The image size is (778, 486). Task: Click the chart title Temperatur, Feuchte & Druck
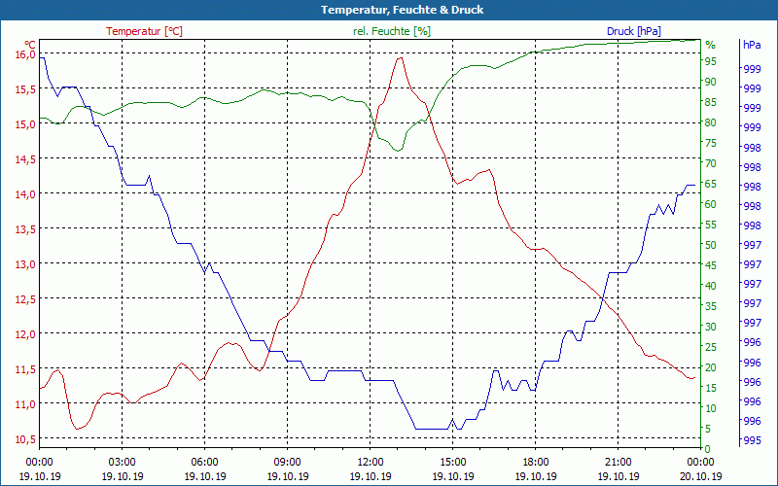click(x=388, y=10)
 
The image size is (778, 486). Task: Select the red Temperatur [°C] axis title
click(x=144, y=31)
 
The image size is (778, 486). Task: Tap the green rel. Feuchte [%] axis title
click(x=391, y=31)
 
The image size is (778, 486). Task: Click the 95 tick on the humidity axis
click(x=711, y=62)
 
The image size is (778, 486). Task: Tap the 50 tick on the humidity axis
click(x=711, y=245)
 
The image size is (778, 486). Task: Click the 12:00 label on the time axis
click(x=371, y=462)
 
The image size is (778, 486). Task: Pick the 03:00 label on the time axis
click(x=122, y=462)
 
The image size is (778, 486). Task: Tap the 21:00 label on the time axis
click(x=619, y=462)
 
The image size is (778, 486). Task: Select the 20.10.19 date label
click(x=701, y=476)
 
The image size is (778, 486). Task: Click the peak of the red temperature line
click(x=400, y=57)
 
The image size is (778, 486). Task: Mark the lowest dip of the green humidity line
click(x=398, y=150)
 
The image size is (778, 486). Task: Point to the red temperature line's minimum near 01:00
click(x=77, y=429)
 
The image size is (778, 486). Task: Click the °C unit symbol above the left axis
click(x=30, y=44)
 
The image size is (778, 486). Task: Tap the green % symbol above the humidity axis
click(x=710, y=45)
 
